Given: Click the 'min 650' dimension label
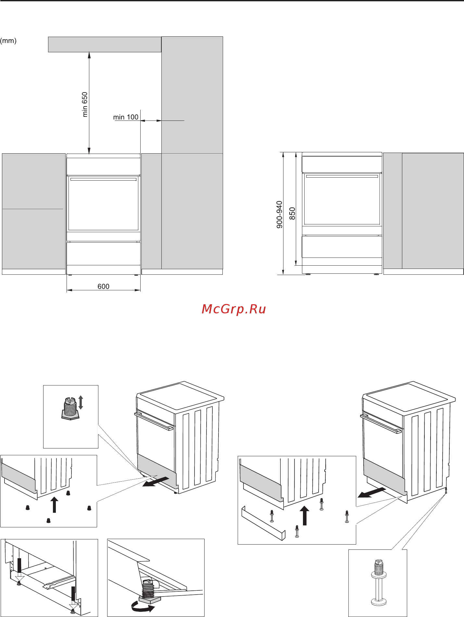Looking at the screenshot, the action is pos(85,104).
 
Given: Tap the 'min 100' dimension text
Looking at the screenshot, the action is pos(126,117).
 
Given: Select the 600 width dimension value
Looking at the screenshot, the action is pos(104,286).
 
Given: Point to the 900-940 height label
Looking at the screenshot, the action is pos(279,214).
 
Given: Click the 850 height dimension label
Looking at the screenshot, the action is pos(292,213).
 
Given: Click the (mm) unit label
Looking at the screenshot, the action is pos(8,41).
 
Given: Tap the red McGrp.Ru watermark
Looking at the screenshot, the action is pos(234,309).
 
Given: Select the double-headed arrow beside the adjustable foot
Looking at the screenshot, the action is pos(81,402).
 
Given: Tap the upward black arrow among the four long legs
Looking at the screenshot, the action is pos(304,516).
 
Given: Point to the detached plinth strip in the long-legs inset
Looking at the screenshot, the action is pos(263,523).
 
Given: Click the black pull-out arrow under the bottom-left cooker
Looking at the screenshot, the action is pos(156,482).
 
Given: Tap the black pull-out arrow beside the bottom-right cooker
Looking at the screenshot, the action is pos(372,492).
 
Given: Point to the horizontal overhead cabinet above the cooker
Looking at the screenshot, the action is pos(105,44).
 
